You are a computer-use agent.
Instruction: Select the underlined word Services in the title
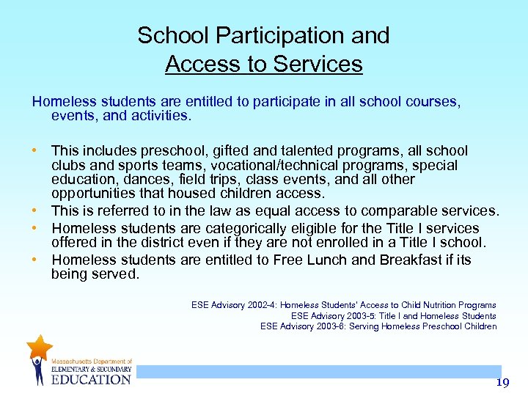(318, 64)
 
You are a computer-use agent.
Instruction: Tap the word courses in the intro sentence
(430, 102)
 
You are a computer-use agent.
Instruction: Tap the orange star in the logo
(39, 346)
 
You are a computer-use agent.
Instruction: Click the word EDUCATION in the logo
(91, 379)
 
